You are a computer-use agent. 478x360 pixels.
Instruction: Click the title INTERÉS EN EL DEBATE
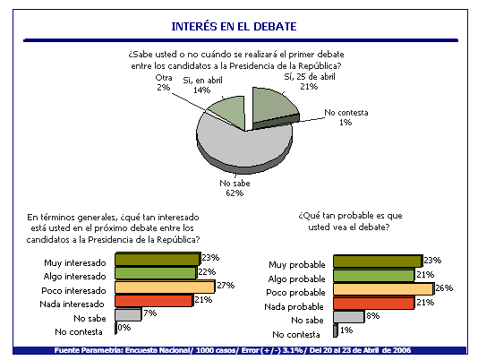tap(234, 27)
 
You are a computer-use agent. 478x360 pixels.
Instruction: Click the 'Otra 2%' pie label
tap(164, 82)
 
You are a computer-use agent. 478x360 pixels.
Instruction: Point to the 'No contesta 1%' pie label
tap(346, 117)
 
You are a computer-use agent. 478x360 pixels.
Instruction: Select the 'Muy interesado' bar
tap(158, 259)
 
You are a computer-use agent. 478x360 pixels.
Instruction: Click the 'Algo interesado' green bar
tap(156, 273)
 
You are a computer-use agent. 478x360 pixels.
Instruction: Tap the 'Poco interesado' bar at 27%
tap(165, 287)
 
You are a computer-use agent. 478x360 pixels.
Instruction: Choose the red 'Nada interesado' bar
tap(154, 301)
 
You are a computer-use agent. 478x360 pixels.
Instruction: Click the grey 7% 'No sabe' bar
tap(128, 314)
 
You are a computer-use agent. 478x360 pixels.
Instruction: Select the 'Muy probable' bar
tap(378, 261)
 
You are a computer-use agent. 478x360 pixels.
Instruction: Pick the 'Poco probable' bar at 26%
tap(384, 289)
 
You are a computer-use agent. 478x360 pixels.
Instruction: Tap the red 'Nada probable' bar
tap(374, 303)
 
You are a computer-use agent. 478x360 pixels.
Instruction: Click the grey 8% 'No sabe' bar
tap(349, 317)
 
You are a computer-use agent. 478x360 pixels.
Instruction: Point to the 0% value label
tap(124, 328)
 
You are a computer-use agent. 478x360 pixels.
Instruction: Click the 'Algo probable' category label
tap(296, 279)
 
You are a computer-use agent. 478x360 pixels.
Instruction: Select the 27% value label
tap(226, 286)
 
